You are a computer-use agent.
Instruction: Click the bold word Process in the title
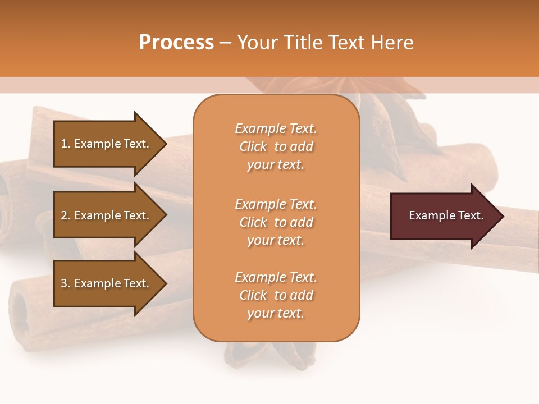click(176, 43)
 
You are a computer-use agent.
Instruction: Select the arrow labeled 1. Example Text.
click(107, 144)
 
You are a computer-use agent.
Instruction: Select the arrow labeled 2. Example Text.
click(107, 215)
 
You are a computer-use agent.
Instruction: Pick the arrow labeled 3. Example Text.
click(107, 283)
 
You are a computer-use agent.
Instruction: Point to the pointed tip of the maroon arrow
click(501, 216)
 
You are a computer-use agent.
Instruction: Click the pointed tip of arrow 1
click(165, 144)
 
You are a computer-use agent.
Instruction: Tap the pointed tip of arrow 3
click(165, 283)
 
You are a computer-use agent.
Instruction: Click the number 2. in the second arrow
click(66, 215)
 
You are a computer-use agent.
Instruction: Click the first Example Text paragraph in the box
click(276, 146)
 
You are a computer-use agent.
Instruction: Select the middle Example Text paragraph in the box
click(276, 222)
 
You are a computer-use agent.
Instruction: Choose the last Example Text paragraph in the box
click(276, 295)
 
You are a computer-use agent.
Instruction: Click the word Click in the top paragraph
click(253, 146)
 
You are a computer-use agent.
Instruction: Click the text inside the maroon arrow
click(446, 215)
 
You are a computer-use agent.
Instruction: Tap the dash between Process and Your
click(225, 43)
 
